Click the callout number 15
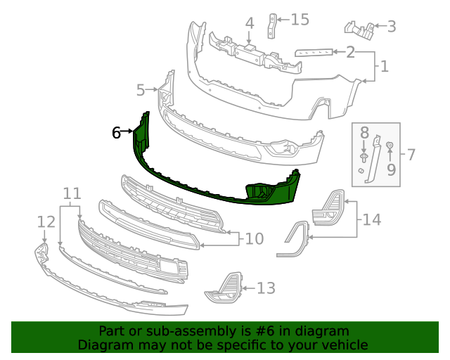point(300,20)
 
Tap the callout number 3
point(391,27)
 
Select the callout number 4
point(249,24)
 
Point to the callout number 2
point(349,52)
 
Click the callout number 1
point(384,67)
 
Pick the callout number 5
point(141,90)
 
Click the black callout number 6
point(117,131)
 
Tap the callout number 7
point(411,154)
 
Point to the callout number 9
point(391,169)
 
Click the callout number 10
point(254,239)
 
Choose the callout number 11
point(71,193)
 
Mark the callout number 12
point(46,222)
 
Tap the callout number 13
point(266,288)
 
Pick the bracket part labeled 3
point(361,29)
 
